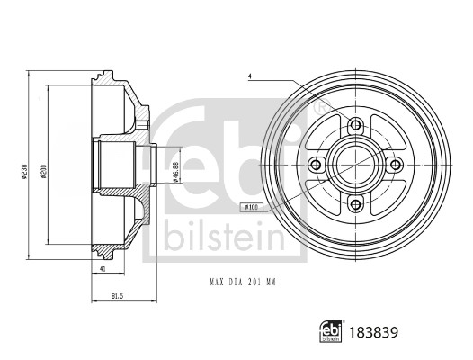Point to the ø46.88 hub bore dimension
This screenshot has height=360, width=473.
[176, 168]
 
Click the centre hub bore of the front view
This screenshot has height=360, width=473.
[354, 165]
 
